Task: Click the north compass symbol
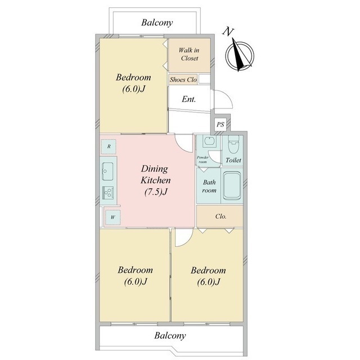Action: [240, 55]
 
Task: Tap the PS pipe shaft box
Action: [220, 124]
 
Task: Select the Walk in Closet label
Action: [189, 54]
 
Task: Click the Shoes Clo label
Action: [183, 80]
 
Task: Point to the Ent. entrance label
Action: [189, 99]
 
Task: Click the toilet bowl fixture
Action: [233, 144]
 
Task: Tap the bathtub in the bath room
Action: [232, 186]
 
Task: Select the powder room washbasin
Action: [209, 141]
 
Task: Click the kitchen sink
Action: [107, 171]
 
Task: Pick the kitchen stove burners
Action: [107, 192]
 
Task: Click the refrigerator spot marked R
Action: [109, 146]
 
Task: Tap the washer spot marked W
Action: [112, 217]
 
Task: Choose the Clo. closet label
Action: [221, 216]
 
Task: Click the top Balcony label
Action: [157, 22]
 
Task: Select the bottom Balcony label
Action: [170, 335]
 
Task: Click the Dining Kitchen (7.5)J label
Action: [155, 180]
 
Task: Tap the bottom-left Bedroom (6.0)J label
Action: [135, 276]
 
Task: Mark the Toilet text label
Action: [233, 160]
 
